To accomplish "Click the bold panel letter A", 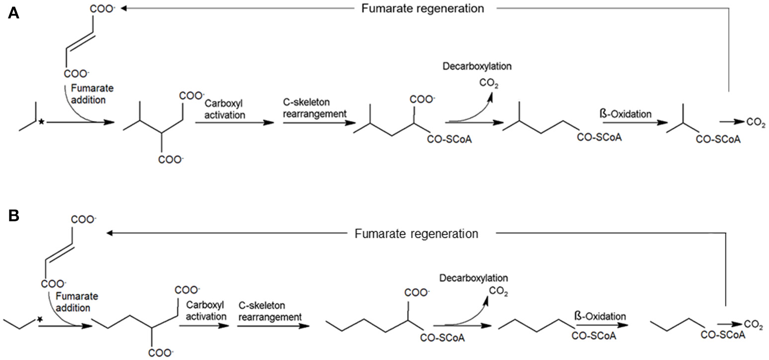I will click(13, 13).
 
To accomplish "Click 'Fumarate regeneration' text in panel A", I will click(423, 8).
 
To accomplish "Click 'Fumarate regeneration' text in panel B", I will click(417, 233).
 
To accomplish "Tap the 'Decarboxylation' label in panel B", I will click(474, 278).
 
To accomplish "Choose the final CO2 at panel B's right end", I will click(754, 325).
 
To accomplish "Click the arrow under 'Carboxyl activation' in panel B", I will click(203, 326).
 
